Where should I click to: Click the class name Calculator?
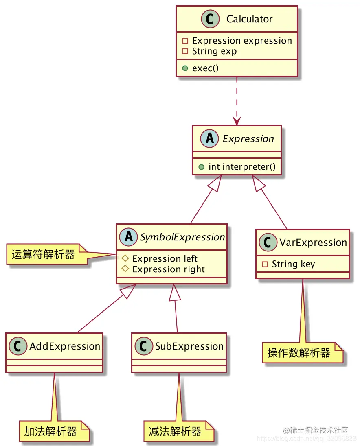pyautogui.click(x=249, y=19)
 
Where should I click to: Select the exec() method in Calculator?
pyautogui.click(x=205, y=68)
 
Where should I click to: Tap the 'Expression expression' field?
pyautogui.click(x=242, y=41)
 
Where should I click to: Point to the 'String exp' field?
pyautogui.click(x=214, y=51)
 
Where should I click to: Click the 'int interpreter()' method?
pyautogui.click(x=239, y=166)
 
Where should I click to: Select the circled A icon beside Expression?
pyautogui.click(x=210, y=139)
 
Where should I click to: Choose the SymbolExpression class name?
pyautogui.click(x=182, y=237)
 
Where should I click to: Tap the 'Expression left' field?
pyautogui.click(x=165, y=259)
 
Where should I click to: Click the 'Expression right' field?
pyautogui.click(x=169, y=269)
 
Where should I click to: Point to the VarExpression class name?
pyautogui.click(x=313, y=243)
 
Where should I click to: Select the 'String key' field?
pyautogui.click(x=293, y=264)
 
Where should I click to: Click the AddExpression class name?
pyautogui.click(x=65, y=346)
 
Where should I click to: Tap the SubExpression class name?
pyautogui.click(x=189, y=346)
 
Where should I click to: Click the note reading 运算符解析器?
pyautogui.click(x=44, y=255)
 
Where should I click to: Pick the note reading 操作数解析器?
pyautogui.click(x=299, y=353)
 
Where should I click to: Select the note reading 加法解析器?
pyautogui.click(x=50, y=432)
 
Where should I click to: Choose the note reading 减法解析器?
pyautogui.click(x=175, y=432)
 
